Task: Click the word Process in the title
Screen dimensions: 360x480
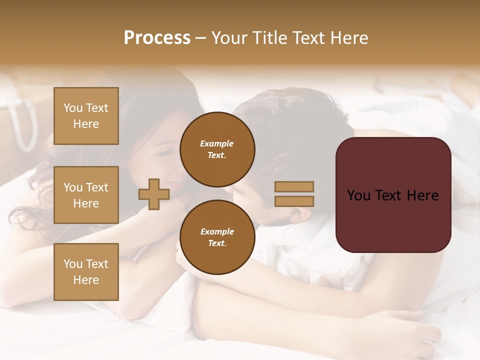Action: coord(157,38)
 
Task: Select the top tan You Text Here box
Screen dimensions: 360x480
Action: coord(86,116)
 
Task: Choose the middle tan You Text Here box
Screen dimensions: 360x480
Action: coord(86,195)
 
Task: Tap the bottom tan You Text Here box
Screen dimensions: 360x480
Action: coord(86,271)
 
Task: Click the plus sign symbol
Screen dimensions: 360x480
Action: coord(154,194)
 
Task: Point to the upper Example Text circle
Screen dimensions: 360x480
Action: coord(217,149)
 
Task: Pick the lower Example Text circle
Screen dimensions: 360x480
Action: coord(217,237)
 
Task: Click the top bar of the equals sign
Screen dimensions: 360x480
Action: coord(294,186)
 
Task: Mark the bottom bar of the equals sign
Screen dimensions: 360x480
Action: coord(294,201)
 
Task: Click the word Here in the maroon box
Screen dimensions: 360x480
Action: coord(422,195)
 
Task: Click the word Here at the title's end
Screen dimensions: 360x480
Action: coord(348,38)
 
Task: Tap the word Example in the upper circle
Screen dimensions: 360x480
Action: coord(217,143)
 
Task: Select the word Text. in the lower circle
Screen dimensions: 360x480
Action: coord(217,243)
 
